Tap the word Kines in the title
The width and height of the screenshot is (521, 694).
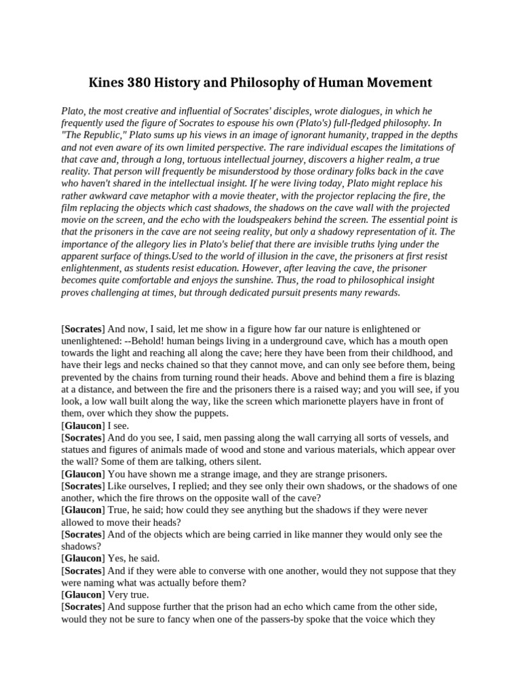(106, 83)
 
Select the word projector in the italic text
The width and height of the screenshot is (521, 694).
(327, 196)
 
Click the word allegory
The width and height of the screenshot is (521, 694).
(145, 245)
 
